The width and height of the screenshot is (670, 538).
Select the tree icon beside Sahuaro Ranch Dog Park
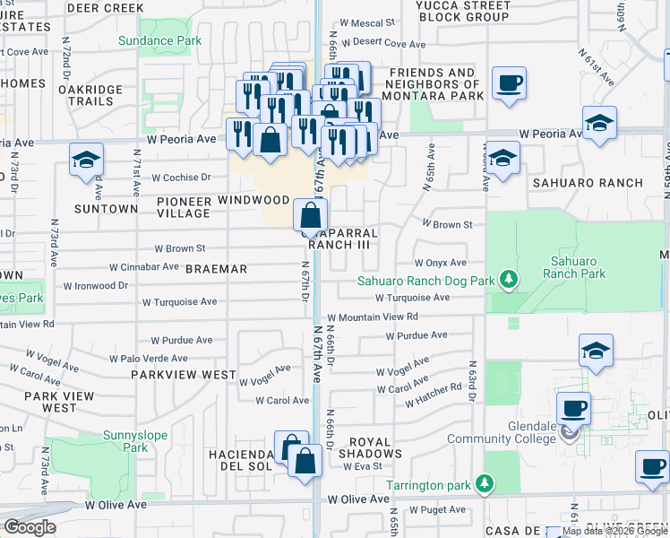click(x=509, y=281)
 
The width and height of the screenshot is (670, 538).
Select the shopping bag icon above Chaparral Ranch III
click(x=310, y=216)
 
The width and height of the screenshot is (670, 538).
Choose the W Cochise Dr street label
click(x=181, y=178)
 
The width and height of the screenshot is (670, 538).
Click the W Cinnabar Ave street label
click(x=144, y=266)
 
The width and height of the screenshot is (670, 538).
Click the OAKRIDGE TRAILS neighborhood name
click(x=88, y=97)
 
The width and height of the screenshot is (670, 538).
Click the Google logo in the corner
click(x=30, y=526)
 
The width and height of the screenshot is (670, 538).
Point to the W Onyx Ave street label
click(x=440, y=263)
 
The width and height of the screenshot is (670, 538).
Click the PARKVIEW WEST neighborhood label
click(x=183, y=375)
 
